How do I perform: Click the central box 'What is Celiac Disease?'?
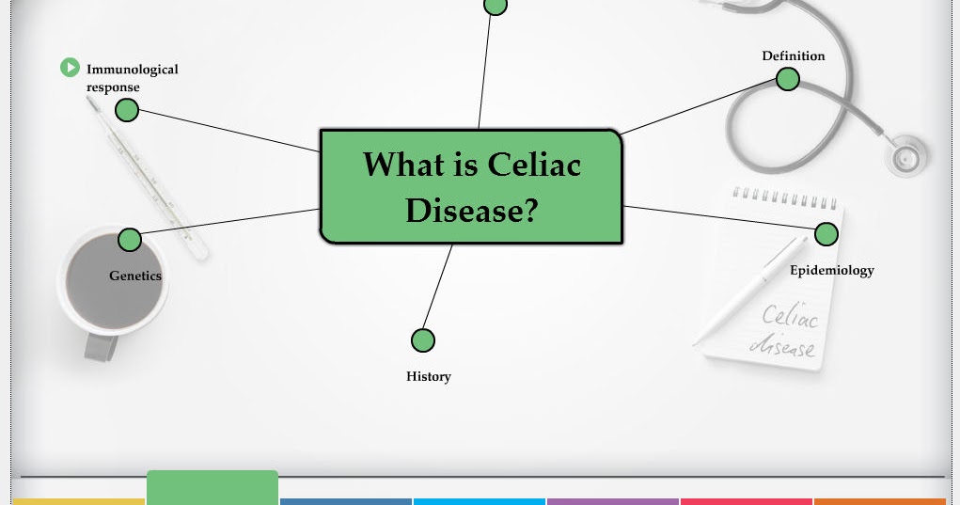click(x=471, y=186)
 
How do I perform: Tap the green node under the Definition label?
click(x=788, y=80)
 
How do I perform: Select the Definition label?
click(x=793, y=56)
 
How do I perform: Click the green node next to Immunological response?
click(x=127, y=111)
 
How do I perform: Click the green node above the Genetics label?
click(x=130, y=240)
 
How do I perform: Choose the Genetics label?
click(x=135, y=276)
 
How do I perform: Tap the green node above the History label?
click(x=423, y=340)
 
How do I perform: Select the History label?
click(x=429, y=376)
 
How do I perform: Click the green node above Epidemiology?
click(x=826, y=234)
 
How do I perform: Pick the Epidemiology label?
click(x=831, y=270)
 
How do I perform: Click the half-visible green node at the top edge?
click(x=496, y=6)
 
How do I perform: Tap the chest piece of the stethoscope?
click(x=906, y=156)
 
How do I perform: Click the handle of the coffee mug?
click(x=101, y=346)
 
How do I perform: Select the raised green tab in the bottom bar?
click(x=212, y=487)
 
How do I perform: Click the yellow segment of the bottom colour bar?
click(x=79, y=501)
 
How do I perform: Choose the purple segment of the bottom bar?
click(x=612, y=501)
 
